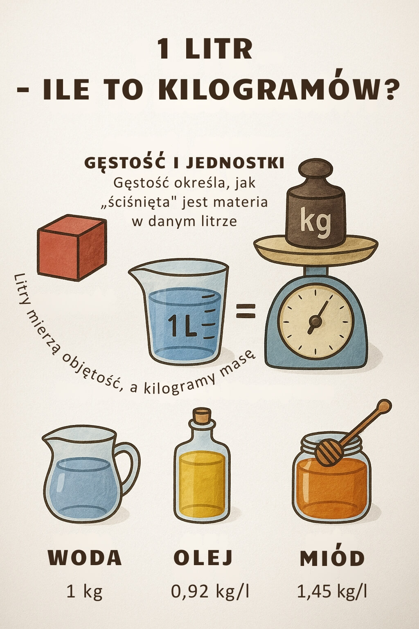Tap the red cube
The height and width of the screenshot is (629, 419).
click(x=72, y=248)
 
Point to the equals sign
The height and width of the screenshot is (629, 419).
click(x=246, y=311)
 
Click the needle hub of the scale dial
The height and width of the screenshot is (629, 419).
click(x=315, y=320)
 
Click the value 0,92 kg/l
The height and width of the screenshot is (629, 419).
click(x=210, y=591)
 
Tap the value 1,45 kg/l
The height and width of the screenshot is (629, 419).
click(x=332, y=591)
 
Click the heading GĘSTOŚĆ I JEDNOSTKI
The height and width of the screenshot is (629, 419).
click(x=184, y=163)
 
